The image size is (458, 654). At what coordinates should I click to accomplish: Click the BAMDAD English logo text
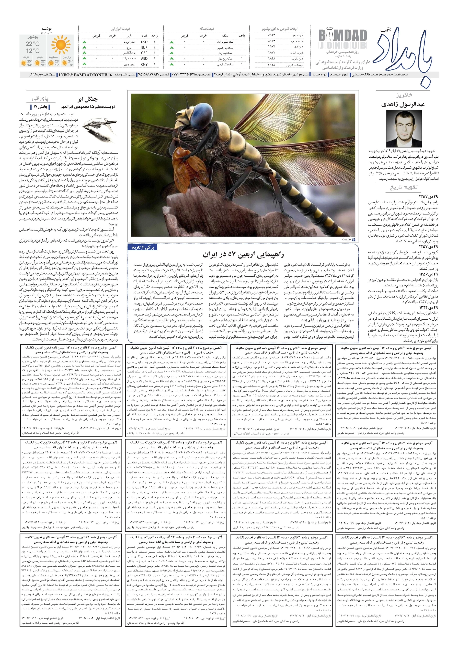coord(342,36)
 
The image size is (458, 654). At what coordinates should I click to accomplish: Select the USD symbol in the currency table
coord(144,42)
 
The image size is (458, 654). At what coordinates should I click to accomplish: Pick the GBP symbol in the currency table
coord(144,53)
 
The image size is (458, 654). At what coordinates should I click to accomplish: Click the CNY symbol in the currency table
coord(144,64)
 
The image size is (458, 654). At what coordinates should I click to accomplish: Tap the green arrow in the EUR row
coord(84,48)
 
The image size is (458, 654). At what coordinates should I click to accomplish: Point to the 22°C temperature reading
coord(32,44)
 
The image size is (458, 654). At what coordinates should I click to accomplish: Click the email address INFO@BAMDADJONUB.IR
coord(86,75)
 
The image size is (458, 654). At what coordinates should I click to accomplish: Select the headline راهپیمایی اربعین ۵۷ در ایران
coord(243,254)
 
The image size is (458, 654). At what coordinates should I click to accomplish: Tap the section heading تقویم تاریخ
coord(404,188)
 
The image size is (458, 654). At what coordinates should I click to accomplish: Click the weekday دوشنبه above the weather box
coord(47,29)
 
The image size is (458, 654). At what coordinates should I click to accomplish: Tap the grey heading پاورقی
coord(40,99)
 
